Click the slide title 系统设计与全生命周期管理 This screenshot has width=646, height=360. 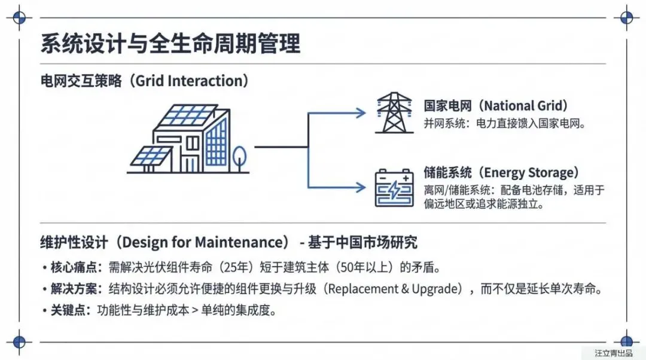[x=170, y=44]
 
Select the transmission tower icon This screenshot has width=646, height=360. [x=393, y=112]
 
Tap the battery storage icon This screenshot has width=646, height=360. [x=394, y=188]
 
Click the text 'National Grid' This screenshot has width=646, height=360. [x=524, y=106]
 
